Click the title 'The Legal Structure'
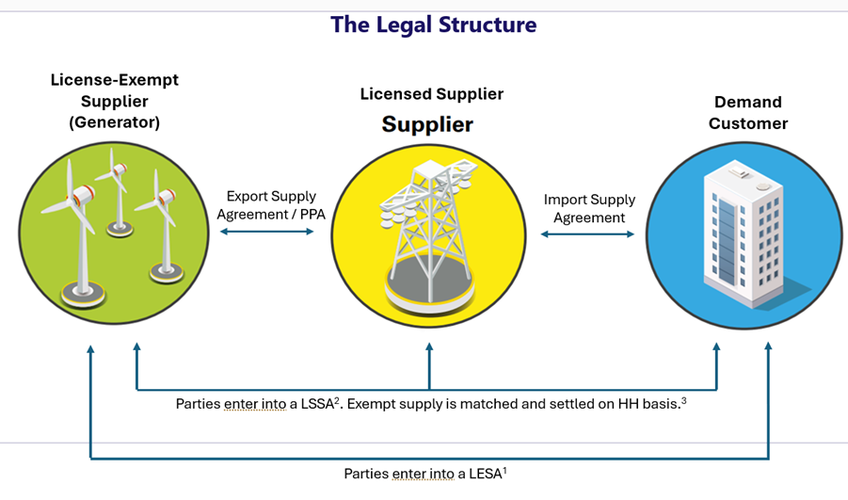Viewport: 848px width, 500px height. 433,25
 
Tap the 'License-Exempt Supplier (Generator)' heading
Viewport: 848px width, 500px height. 114,101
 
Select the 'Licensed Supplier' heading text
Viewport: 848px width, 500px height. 431,94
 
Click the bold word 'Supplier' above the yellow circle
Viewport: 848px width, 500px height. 427,124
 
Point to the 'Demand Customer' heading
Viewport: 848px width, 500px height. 748,112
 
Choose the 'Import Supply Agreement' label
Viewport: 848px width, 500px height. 589,208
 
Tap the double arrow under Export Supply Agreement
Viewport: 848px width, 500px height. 265,231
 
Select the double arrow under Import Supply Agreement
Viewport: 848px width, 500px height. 588,234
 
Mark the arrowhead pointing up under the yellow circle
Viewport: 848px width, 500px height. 429,349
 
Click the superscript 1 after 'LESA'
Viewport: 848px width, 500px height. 505,468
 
